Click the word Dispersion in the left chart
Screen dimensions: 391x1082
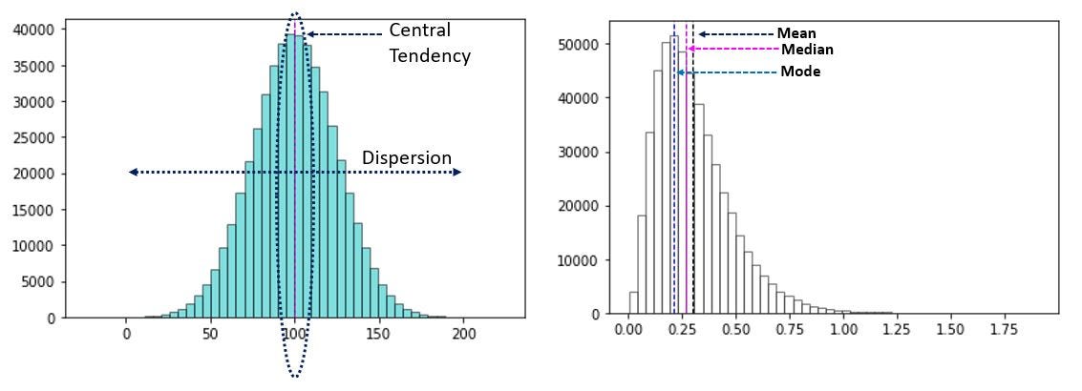point(406,157)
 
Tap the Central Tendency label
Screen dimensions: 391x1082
point(430,43)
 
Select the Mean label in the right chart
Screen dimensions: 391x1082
point(796,33)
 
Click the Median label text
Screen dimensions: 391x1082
point(807,50)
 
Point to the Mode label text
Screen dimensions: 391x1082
point(800,72)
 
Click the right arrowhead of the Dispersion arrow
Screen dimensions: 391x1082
point(457,172)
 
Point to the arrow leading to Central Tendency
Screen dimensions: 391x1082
point(344,34)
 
